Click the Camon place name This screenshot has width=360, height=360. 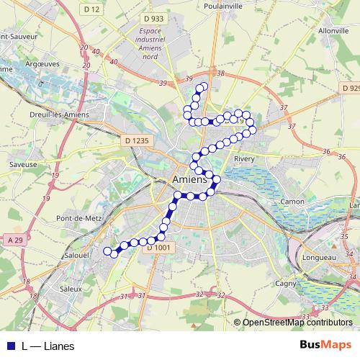tap(292, 202)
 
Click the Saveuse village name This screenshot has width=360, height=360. tap(23, 164)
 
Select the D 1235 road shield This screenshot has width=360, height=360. tap(135, 140)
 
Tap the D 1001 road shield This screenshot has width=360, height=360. tap(162, 248)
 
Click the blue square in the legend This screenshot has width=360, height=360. tap(11, 346)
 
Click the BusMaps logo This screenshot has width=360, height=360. tap(325, 346)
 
